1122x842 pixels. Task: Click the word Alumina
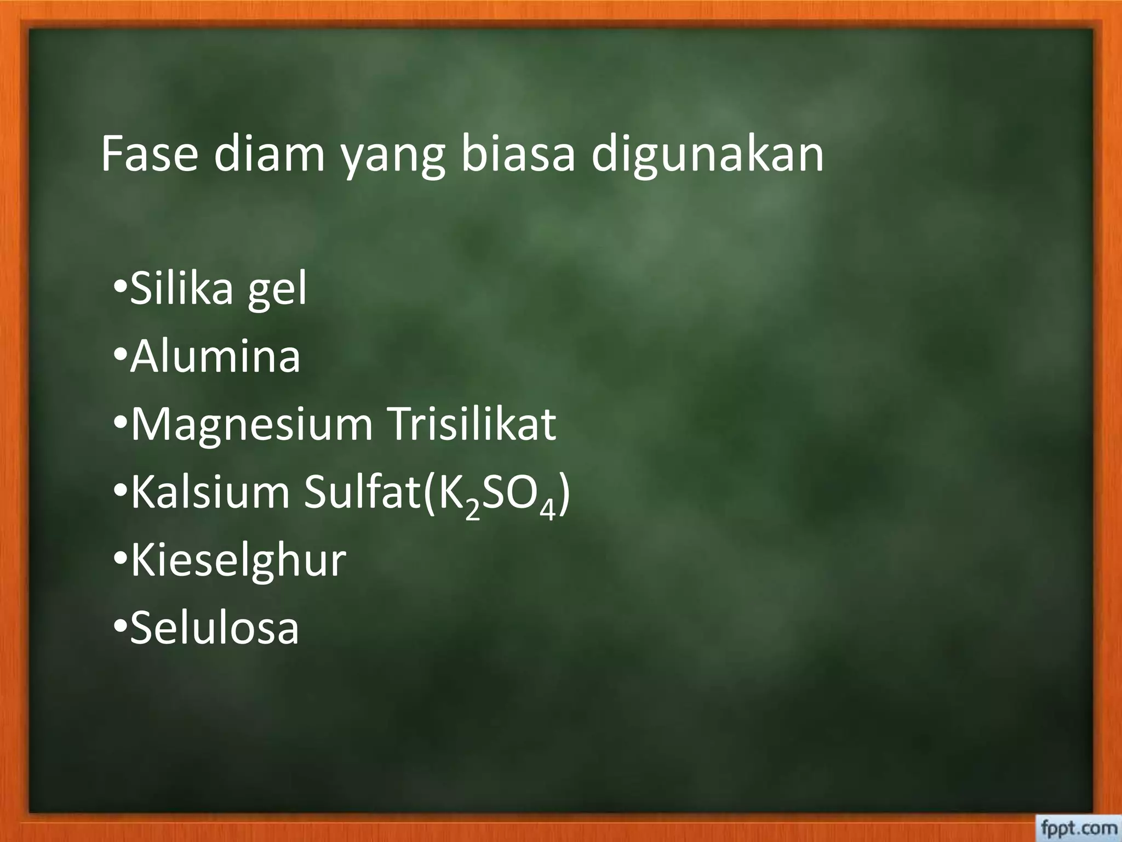[215, 357]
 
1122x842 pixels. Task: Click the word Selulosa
[214, 628]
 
